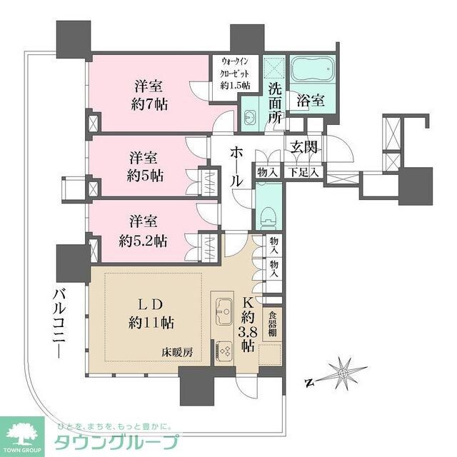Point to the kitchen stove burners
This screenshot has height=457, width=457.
coord(224,351)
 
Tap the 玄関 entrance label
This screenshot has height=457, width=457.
coord(305,148)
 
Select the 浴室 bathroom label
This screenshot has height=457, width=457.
coord(311,100)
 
